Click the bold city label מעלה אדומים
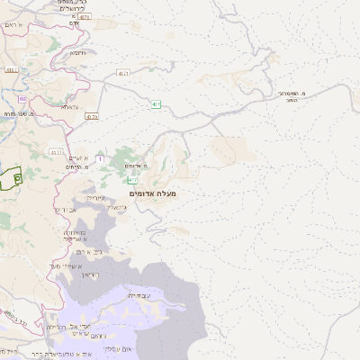[153, 193]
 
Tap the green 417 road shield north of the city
[156, 104]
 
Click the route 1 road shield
[99, 159]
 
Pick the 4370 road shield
[94, 115]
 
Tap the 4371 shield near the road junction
[123, 73]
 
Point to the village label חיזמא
[78, 52]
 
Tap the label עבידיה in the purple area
[139, 295]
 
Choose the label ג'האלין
[117, 208]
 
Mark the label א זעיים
[79, 157]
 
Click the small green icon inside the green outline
[16, 178]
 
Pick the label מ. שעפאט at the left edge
[18, 114]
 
